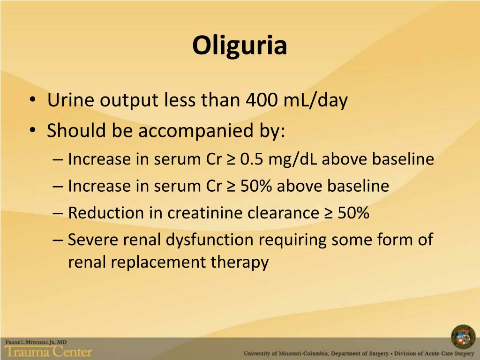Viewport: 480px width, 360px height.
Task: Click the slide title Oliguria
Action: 240,45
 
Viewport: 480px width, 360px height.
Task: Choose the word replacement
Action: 157,262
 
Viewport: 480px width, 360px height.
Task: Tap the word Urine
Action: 70,100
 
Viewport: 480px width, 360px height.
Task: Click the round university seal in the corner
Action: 463,337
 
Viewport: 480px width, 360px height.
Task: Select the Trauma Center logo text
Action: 48,351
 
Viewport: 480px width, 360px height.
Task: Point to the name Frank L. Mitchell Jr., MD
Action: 36,343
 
